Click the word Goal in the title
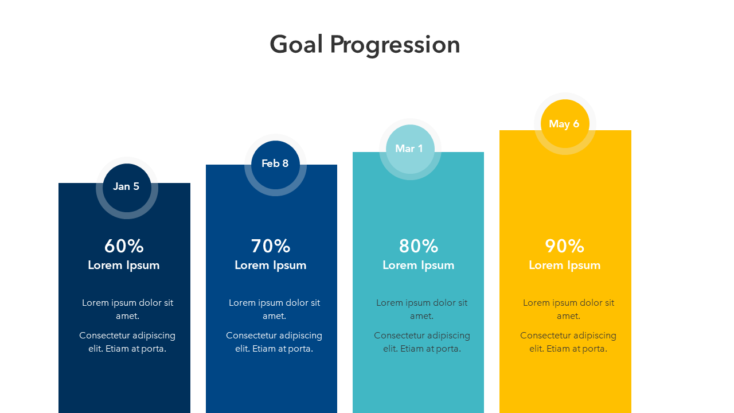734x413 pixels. point(296,44)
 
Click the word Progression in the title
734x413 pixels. point(395,46)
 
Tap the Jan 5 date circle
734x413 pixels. point(127,188)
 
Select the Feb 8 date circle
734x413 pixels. point(275,165)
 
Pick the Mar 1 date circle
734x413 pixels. point(410,149)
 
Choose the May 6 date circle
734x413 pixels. point(565,123)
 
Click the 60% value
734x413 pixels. point(124,246)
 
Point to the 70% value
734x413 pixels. point(271,246)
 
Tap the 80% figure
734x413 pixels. point(419,246)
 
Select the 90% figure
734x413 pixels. point(565,246)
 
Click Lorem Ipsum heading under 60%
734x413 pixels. point(124,265)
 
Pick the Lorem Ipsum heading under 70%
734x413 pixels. point(271,265)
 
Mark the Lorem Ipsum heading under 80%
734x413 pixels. point(419,265)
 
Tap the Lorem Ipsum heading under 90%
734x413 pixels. point(565,265)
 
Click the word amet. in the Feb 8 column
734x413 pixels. point(274,316)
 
